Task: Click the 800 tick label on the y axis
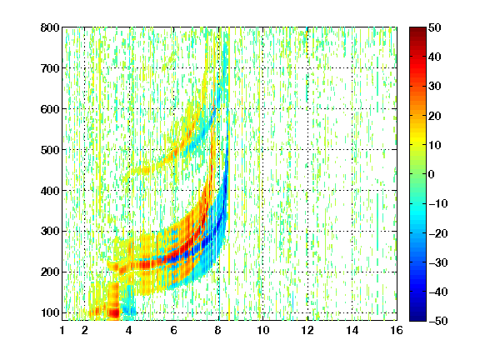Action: (x=50, y=27)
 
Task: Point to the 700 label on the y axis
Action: (x=50, y=68)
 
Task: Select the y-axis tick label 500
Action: (x=50, y=150)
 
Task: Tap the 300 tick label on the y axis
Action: (x=50, y=231)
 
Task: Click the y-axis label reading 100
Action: (x=50, y=312)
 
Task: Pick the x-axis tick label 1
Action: (x=62, y=330)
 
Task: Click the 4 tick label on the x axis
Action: (x=129, y=330)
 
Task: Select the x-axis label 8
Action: (x=217, y=330)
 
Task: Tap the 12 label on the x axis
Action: (x=307, y=330)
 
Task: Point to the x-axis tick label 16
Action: (x=397, y=330)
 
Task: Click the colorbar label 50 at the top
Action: (x=435, y=27)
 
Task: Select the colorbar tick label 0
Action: (x=432, y=174)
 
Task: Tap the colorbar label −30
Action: (x=438, y=262)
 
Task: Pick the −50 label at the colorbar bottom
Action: (x=438, y=321)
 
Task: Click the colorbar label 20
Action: (x=435, y=116)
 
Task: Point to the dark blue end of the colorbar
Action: (x=417, y=318)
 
